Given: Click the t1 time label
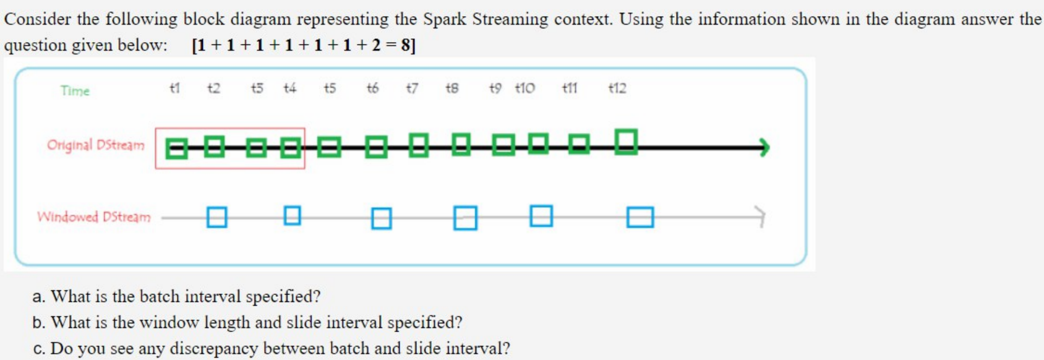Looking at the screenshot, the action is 175,88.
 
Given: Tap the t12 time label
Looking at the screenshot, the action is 617,88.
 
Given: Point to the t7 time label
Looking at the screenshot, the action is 412,88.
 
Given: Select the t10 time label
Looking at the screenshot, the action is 524,88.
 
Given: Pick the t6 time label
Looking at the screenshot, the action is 372,88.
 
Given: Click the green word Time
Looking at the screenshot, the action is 75,91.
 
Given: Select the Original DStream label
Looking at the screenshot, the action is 96,145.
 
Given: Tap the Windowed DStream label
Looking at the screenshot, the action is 94,217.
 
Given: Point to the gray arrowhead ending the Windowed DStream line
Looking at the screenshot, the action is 761,216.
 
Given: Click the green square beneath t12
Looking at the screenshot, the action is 626,142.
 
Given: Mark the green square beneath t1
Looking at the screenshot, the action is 177,148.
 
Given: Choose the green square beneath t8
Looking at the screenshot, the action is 461,144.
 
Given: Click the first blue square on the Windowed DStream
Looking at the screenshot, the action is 216,217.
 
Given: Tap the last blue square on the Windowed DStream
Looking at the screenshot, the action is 640,217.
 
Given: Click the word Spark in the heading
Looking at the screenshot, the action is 444,19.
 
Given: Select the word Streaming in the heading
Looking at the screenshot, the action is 510,19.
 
